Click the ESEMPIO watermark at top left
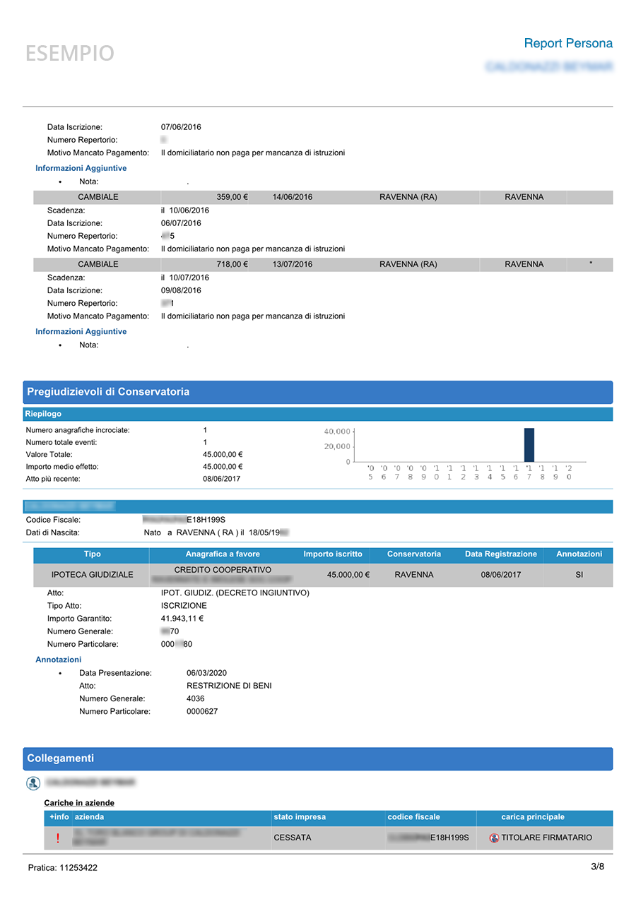tap(70, 54)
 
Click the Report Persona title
tap(568, 44)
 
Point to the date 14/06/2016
tap(293, 197)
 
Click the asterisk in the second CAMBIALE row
tap(591, 264)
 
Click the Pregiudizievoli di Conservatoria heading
tap(107, 392)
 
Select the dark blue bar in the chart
tap(529, 445)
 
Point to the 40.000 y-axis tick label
tap(337, 431)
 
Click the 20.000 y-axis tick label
tap(337, 446)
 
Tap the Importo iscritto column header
tap(333, 554)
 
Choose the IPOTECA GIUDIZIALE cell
tap(92, 575)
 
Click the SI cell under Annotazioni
tap(579, 575)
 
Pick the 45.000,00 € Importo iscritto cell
tap(348, 575)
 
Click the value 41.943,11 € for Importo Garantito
tap(182, 619)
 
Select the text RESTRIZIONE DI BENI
tap(229, 686)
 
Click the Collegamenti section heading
tap(60, 758)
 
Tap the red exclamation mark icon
tap(58, 838)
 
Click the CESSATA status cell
tap(293, 838)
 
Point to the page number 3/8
tap(597, 867)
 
